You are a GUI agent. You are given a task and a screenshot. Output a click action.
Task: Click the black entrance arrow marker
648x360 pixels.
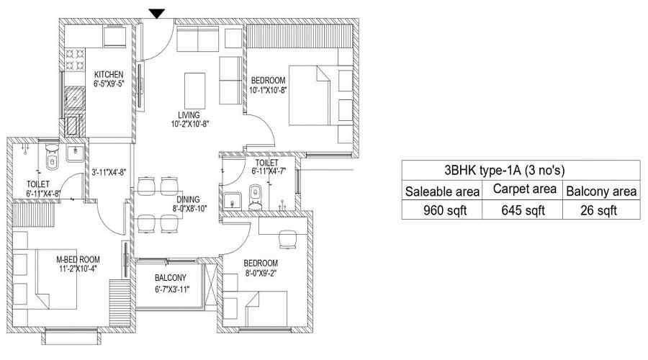click(x=157, y=14)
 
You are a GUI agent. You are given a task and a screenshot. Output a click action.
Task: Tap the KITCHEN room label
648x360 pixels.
click(x=109, y=74)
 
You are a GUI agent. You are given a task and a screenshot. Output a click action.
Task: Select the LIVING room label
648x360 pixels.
click(x=189, y=115)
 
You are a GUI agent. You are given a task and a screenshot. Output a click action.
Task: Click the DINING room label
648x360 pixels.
click(x=188, y=199)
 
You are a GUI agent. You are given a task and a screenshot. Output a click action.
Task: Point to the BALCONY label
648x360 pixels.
click(x=170, y=277)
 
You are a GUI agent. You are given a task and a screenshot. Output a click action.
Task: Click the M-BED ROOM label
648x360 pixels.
click(x=78, y=260)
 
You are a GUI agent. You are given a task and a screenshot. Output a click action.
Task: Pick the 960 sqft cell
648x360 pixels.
click(x=445, y=210)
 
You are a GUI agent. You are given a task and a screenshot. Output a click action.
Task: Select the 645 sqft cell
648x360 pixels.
click(x=523, y=210)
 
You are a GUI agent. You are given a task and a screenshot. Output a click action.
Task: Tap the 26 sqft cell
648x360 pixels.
click(x=599, y=210)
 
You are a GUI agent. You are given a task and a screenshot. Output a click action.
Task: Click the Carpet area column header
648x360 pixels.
click(x=524, y=189)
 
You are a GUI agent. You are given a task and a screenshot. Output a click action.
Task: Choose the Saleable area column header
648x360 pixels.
click(x=442, y=192)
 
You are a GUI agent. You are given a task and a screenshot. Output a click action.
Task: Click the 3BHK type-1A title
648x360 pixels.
click(x=504, y=170)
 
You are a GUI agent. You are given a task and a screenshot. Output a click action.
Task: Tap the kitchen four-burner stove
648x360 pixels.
click(x=75, y=59)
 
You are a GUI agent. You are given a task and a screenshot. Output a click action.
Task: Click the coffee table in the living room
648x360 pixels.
click(x=194, y=91)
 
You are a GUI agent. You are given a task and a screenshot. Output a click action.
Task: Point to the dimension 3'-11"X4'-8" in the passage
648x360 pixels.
click(x=109, y=172)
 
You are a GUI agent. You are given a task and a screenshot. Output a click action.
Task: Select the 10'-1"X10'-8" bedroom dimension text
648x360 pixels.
click(x=269, y=90)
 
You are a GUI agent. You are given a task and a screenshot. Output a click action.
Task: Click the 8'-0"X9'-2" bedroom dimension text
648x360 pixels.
click(x=261, y=273)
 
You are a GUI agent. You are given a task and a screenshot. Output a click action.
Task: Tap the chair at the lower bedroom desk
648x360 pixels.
click(x=288, y=239)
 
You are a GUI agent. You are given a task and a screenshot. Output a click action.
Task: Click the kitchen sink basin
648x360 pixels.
click(x=75, y=97)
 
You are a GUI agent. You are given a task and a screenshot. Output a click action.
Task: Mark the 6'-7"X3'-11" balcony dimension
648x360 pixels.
click(x=172, y=289)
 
